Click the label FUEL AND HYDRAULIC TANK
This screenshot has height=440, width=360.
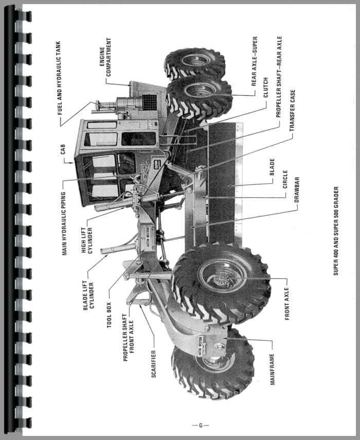click(59, 78)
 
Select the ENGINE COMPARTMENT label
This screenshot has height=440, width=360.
click(105, 57)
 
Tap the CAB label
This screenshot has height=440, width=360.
click(63, 149)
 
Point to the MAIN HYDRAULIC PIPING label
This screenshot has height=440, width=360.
click(64, 224)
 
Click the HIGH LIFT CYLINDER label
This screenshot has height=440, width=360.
click(87, 240)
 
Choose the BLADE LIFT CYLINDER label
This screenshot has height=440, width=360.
click(88, 296)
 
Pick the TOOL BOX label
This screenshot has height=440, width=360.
click(109, 315)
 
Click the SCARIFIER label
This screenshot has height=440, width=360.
click(154, 364)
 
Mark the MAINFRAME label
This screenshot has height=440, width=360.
click(272, 369)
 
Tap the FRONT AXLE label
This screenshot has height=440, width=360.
click(287, 304)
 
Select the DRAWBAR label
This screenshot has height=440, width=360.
click(297, 190)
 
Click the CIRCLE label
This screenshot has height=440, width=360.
click(285, 180)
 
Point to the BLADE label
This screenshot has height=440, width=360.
click(272, 167)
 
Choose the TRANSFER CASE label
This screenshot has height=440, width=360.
click(293, 110)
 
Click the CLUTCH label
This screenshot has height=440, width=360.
click(265, 87)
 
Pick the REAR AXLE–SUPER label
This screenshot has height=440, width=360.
click(254, 61)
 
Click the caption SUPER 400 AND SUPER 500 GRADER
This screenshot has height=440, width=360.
click(336, 231)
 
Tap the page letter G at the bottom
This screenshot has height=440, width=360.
click(201, 426)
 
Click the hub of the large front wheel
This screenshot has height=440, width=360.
click(222, 278)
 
